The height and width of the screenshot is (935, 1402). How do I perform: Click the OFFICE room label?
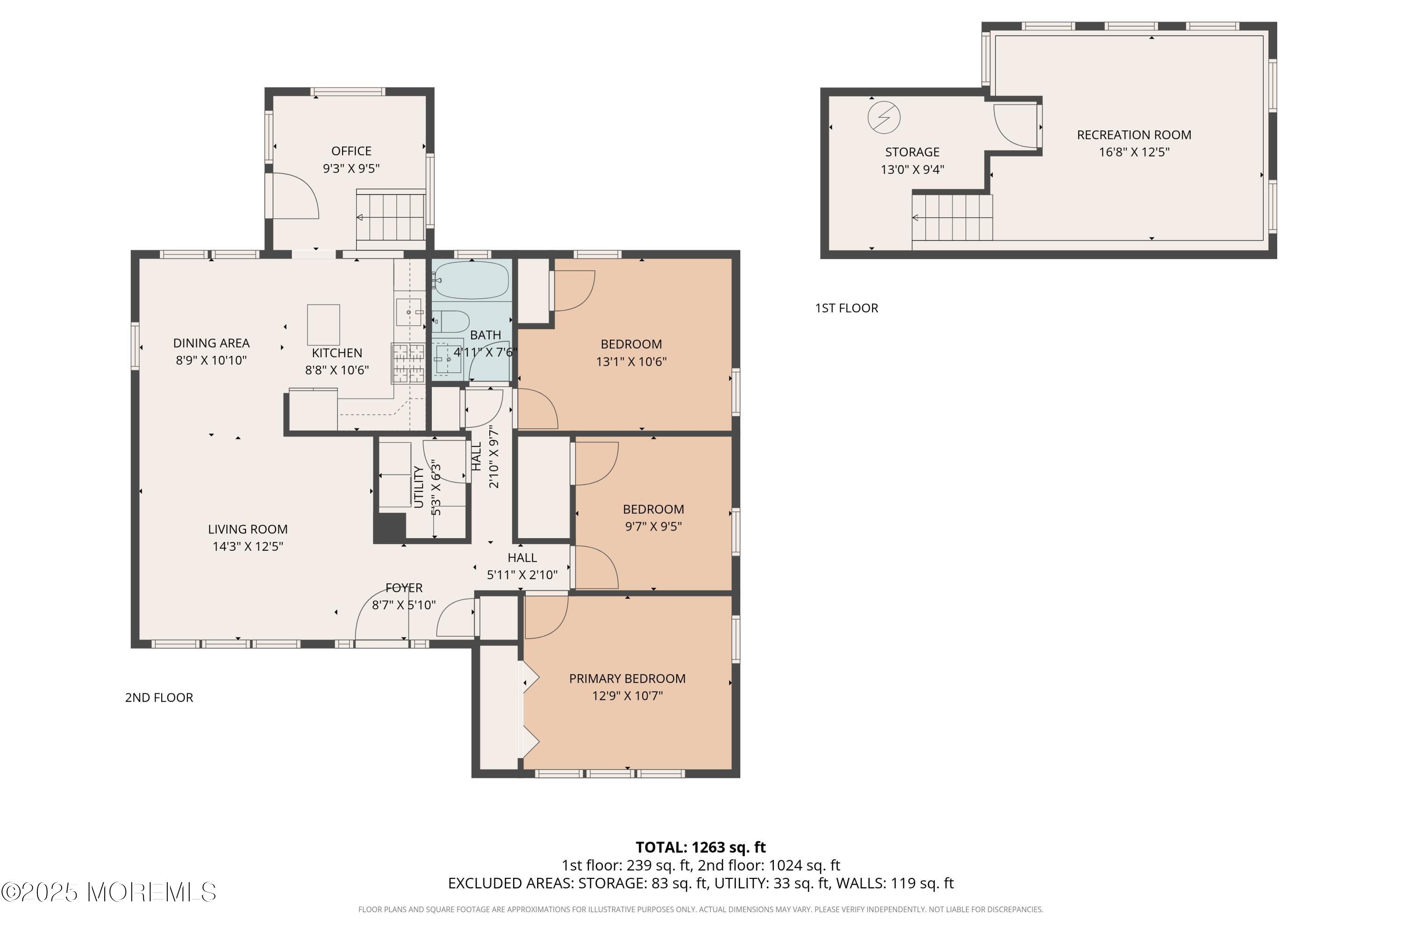tap(351, 151)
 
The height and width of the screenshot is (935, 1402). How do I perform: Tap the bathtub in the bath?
tap(472, 280)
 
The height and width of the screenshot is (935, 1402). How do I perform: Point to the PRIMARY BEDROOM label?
tap(627, 679)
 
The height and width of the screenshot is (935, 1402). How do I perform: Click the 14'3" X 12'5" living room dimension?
tap(248, 546)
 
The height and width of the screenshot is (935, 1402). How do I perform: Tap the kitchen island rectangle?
tap(324, 324)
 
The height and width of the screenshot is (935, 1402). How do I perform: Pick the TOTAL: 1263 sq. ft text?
tap(701, 847)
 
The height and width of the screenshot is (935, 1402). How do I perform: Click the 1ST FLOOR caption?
tap(846, 308)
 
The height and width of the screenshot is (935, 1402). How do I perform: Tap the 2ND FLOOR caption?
tap(159, 698)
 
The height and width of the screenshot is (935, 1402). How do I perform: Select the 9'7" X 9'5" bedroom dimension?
tap(653, 526)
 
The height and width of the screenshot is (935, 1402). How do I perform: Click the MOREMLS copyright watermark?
tap(108, 892)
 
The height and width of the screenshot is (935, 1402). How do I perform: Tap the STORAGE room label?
tap(912, 152)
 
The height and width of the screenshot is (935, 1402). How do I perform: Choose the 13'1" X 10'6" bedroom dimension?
tap(631, 361)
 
